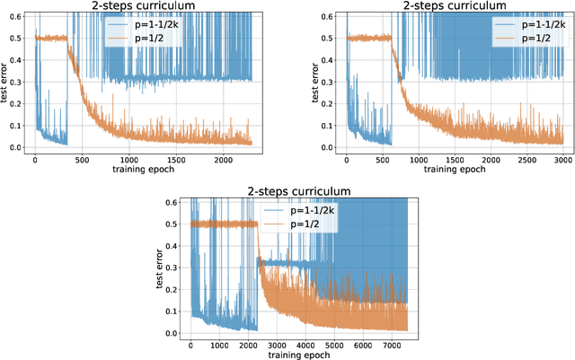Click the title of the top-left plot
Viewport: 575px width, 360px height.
point(143,5)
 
